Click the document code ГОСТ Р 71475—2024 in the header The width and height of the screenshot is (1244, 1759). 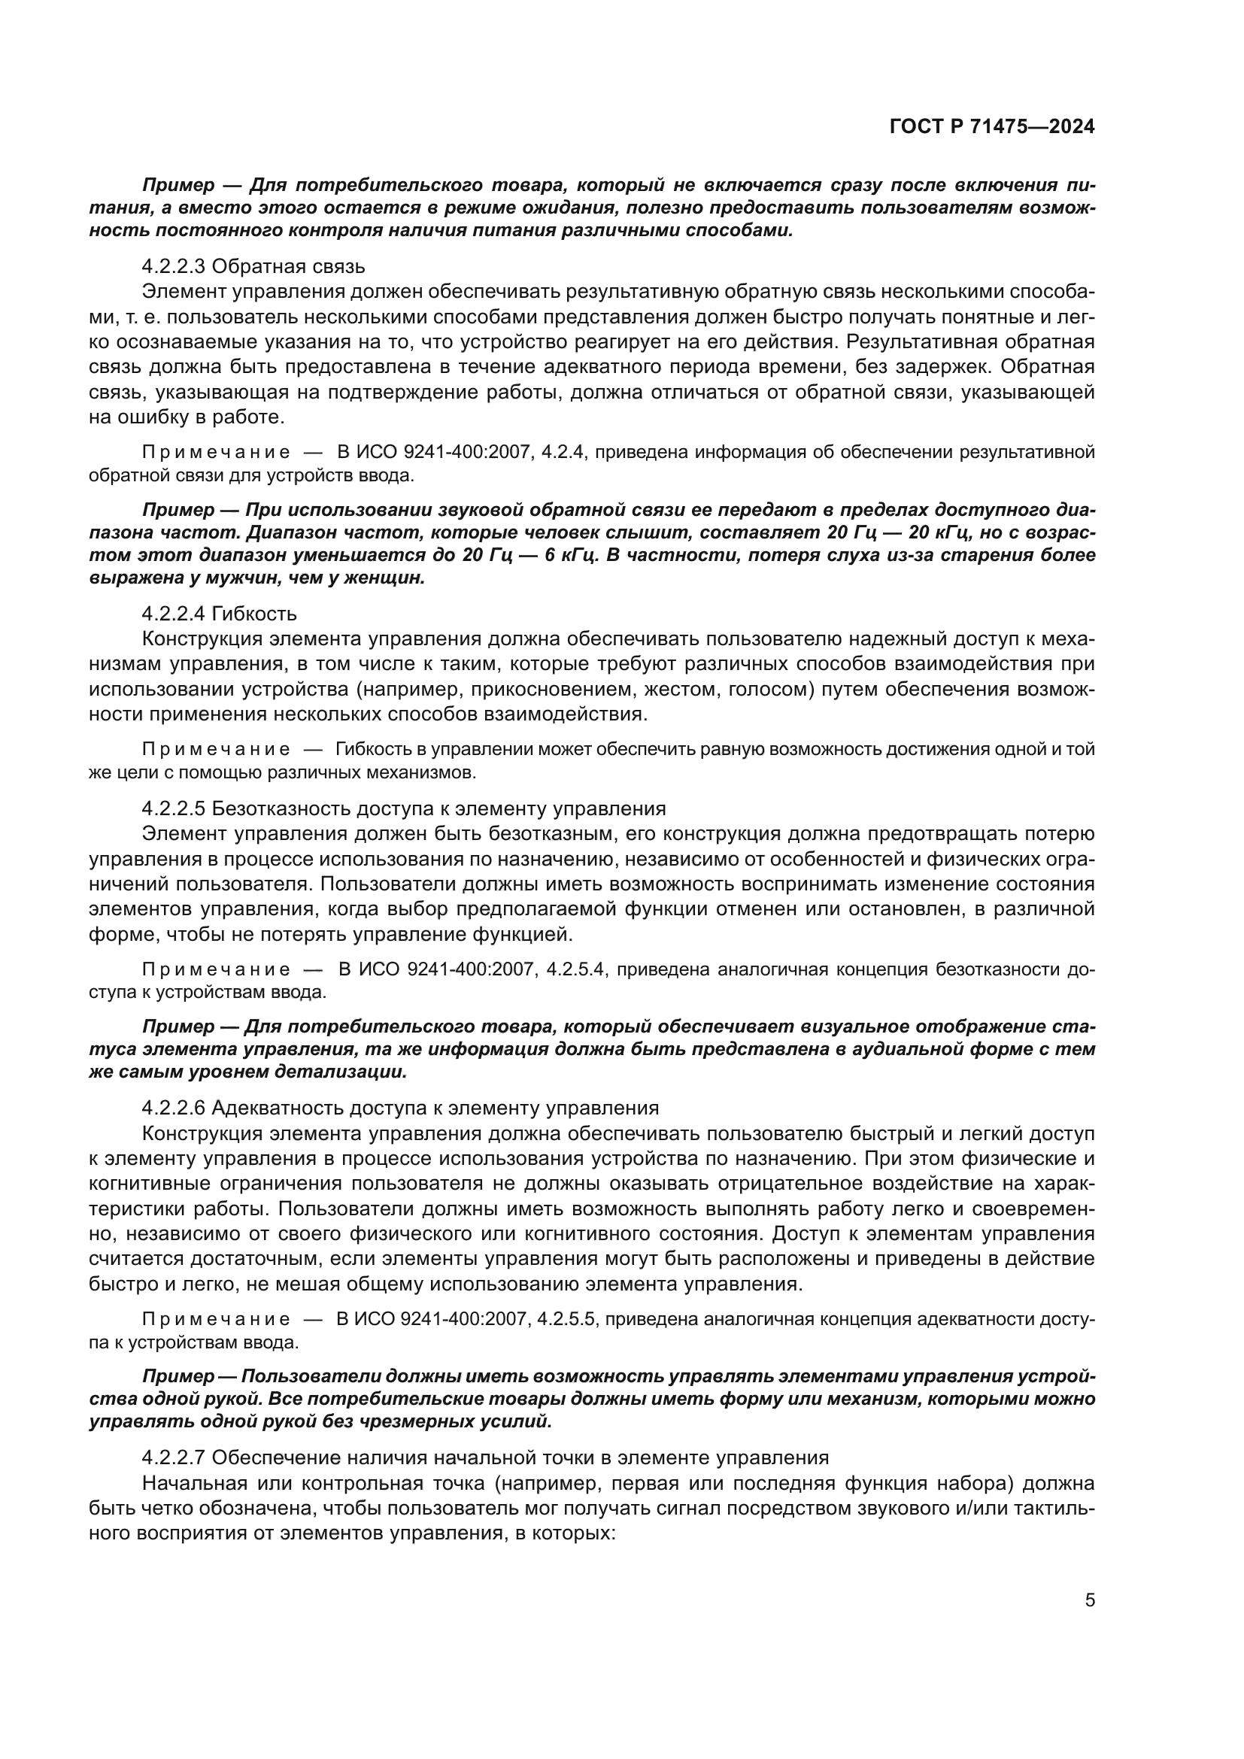(x=992, y=127)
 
